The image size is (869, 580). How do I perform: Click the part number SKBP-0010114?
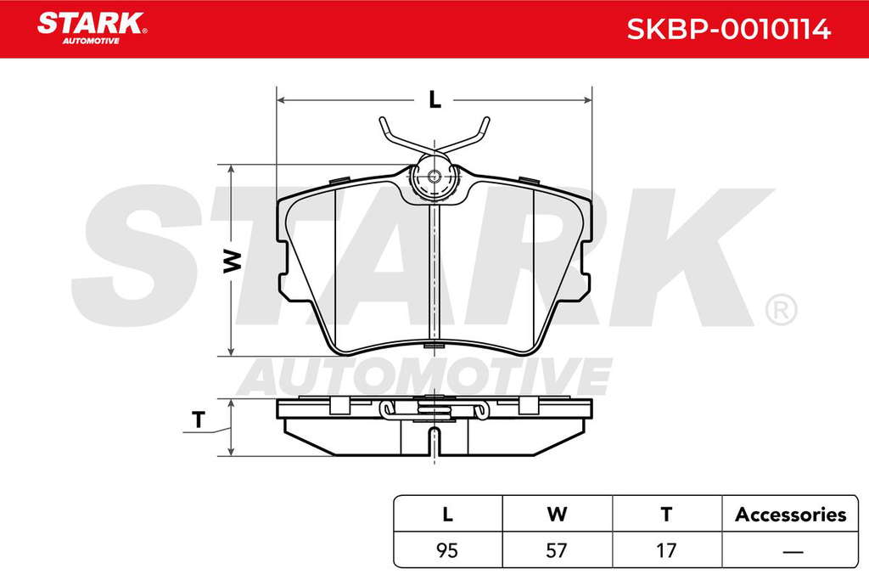coord(728,29)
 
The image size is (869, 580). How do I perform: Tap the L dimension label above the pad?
coord(435,100)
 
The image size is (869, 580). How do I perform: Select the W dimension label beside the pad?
coord(233,261)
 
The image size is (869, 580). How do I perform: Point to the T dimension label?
coord(199,420)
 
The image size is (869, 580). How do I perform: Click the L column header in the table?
coord(448,515)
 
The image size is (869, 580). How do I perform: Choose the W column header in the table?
coord(557,515)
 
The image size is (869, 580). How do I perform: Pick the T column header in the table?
coord(667,515)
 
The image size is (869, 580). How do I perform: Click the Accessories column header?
coord(790,515)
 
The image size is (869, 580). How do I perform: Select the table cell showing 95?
coord(447,550)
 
